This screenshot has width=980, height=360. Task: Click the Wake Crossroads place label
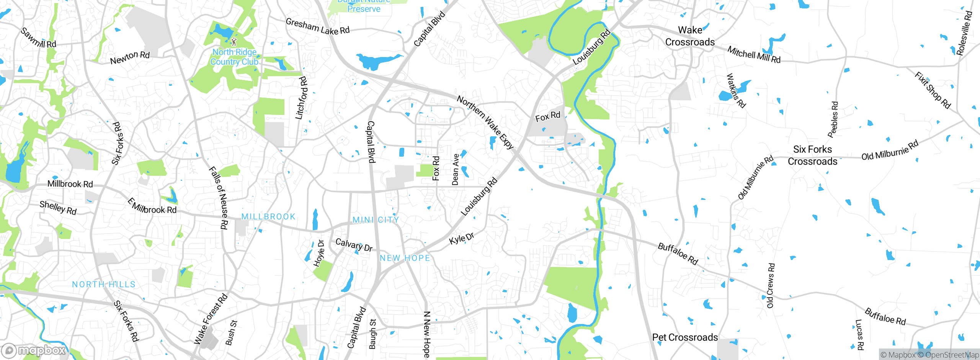pos(690,36)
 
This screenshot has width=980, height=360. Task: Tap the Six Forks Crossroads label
pos(812,155)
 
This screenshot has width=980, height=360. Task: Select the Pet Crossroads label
pos(685,337)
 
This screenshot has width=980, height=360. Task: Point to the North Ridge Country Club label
pos(234,57)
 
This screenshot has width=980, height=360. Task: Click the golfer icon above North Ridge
pos(234,41)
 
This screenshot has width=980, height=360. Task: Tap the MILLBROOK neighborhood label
pos(268,217)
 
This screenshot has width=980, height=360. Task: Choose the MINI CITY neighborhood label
pos(376,220)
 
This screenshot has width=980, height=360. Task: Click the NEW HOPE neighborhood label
pos(405,258)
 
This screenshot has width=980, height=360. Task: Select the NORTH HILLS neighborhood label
pos(104,285)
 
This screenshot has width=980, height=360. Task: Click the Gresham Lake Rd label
pos(318,26)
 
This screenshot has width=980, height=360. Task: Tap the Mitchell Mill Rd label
pos(754,54)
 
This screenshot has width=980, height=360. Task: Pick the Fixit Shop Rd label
pos(933,90)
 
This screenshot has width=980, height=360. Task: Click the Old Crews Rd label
pos(771,285)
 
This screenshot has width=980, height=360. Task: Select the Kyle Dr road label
pos(462,238)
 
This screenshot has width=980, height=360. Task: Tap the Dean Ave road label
pos(455,170)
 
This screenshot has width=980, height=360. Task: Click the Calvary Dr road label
pos(354,245)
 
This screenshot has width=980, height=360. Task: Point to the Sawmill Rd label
pos(38,38)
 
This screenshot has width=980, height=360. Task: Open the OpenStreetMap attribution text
pos(951,355)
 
